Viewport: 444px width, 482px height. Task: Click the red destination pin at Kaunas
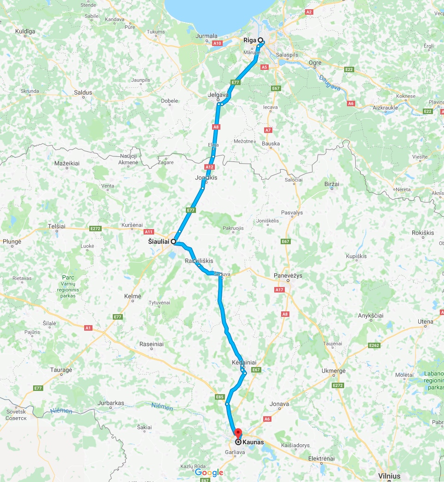238,433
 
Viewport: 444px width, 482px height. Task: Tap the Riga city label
249,40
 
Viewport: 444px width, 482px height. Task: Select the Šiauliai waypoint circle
173,241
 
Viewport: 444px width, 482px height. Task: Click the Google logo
209,472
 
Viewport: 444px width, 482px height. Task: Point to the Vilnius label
389,476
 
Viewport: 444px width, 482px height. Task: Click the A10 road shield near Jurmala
218,43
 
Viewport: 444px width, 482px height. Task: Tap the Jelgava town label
218,95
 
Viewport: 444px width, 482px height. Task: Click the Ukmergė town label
334,371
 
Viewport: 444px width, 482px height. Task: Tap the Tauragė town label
61,370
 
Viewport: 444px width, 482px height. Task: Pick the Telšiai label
57,226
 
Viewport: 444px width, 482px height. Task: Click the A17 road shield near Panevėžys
279,290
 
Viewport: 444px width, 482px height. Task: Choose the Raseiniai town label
151,344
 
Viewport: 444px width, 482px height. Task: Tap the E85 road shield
219,397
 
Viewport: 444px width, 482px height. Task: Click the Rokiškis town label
423,233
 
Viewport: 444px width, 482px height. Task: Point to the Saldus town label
83,92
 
